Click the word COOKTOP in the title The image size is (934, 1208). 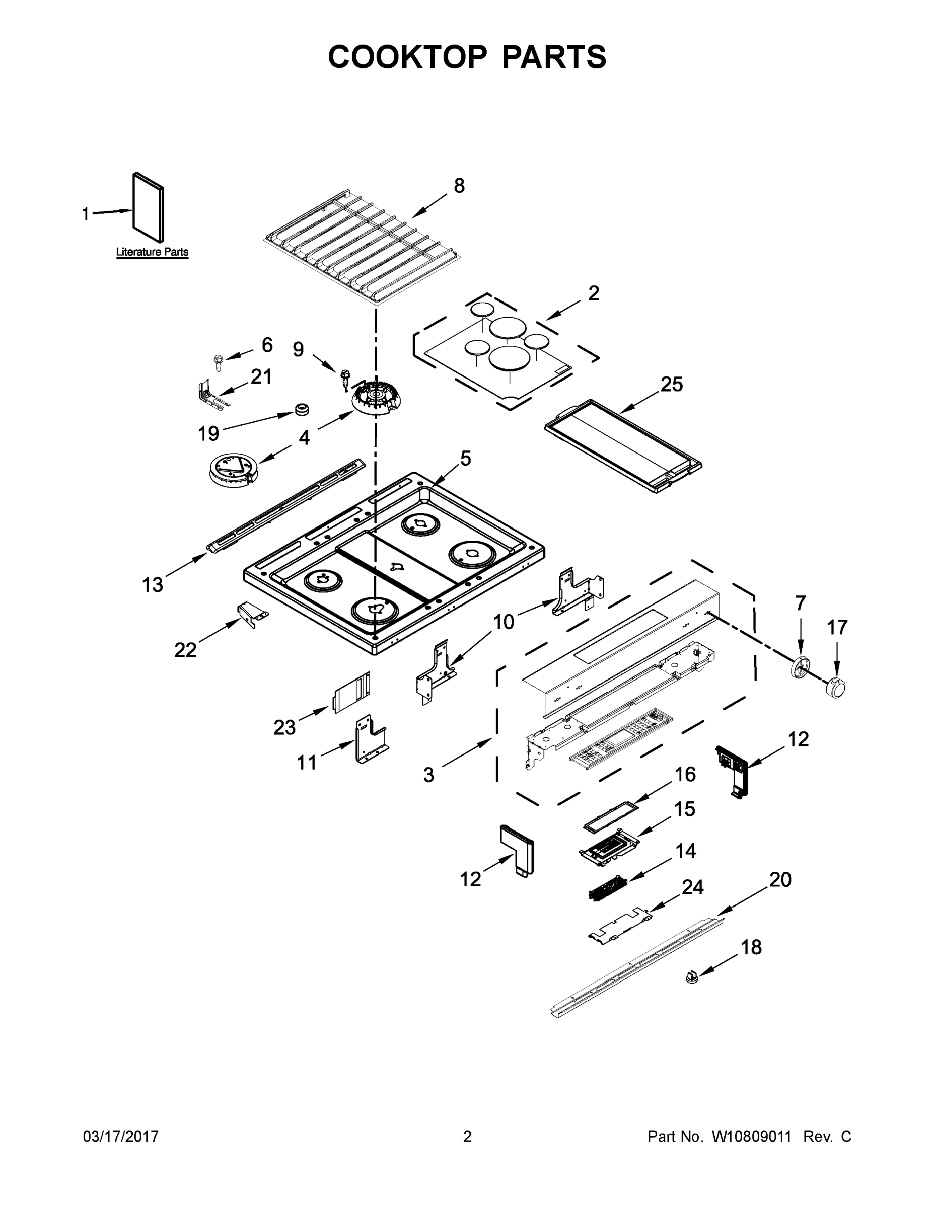(x=408, y=57)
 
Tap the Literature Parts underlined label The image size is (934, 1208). (x=152, y=252)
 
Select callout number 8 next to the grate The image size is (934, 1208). (x=459, y=186)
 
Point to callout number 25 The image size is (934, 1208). (x=671, y=384)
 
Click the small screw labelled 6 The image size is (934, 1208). (x=218, y=363)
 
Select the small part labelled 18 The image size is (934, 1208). (x=690, y=978)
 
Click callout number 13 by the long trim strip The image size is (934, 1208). (x=153, y=585)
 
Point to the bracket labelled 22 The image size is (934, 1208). (x=252, y=614)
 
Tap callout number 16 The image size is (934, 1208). (x=685, y=774)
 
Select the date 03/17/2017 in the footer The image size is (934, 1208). (x=121, y=1137)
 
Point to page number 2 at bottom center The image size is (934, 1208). (x=467, y=1137)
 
